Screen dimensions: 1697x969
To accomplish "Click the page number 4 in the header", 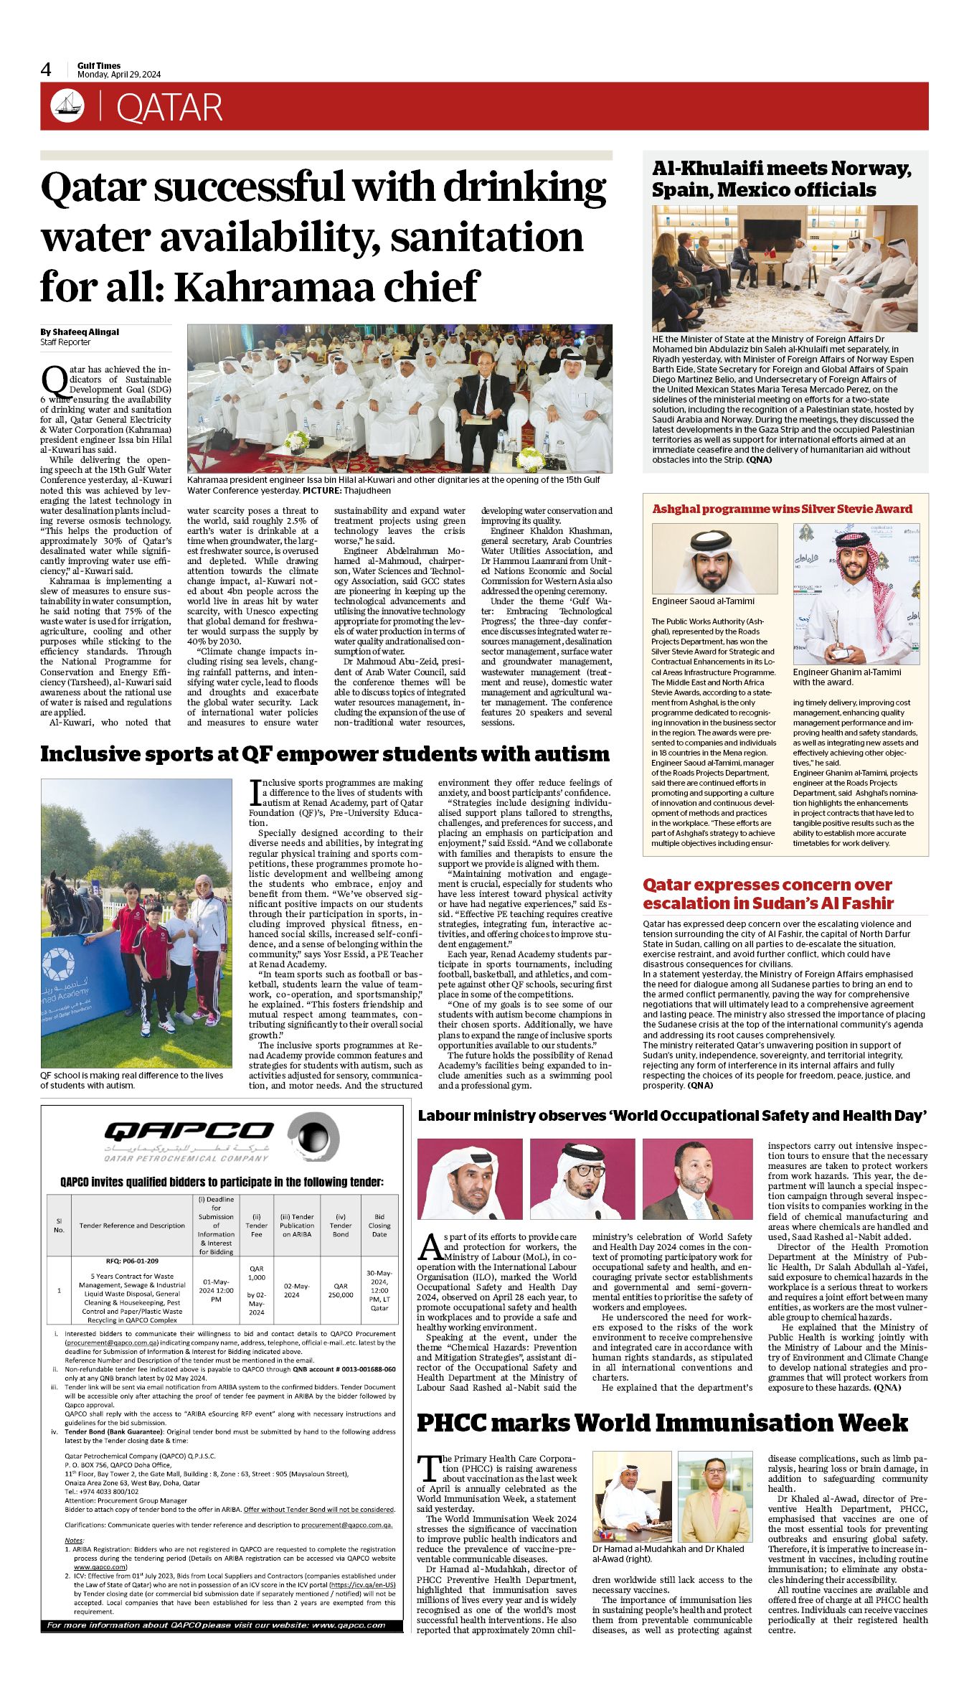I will (x=46, y=70).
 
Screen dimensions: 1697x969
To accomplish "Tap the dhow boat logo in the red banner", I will (x=67, y=106).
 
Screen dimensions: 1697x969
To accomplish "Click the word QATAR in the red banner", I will (x=169, y=108).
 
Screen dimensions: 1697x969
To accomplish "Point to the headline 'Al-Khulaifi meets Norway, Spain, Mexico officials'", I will (x=781, y=179).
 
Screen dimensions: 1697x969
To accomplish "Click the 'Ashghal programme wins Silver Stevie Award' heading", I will (x=782, y=509).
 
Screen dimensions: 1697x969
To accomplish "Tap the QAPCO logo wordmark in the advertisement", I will (x=189, y=1132).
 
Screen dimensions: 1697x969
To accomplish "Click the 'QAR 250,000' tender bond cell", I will (x=341, y=1290).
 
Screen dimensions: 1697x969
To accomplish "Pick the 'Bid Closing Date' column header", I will (x=379, y=1226).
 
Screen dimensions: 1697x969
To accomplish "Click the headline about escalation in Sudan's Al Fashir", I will (x=767, y=893).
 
